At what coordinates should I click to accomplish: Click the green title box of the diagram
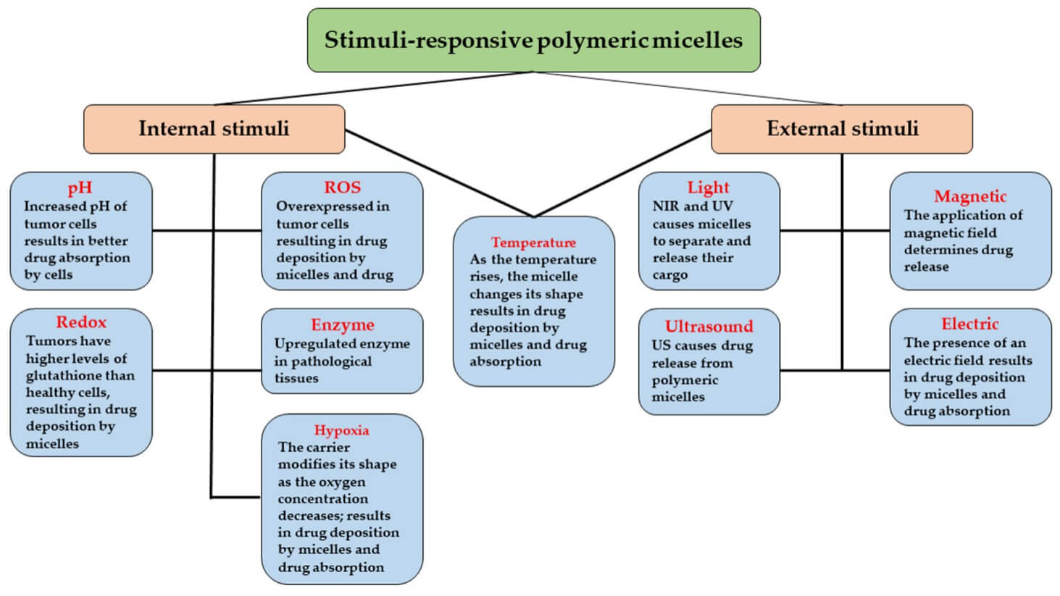tap(533, 40)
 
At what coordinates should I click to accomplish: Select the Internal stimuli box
tap(214, 129)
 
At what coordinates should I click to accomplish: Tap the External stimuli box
tap(842, 129)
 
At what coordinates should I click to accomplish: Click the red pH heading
tap(80, 189)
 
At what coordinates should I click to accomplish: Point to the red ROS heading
tap(342, 188)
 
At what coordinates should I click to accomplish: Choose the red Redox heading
tap(81, 322)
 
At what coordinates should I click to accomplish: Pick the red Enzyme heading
tap(342, 324)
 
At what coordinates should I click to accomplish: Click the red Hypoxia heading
tap(341, 430)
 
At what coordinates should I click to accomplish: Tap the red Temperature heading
tap(533, 243)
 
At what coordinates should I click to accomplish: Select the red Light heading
tap(708, 188)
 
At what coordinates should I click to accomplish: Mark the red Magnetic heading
tap(970, 196)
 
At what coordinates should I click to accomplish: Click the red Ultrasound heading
tap(709, 327)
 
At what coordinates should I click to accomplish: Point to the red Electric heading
tap(969, 324)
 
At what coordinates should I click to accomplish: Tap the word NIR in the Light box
tap(666, 206)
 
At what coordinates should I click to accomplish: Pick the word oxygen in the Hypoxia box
tap(345, 482)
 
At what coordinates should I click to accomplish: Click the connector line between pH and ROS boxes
tap(206, 231)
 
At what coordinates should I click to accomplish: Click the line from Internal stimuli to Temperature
tap(438, 173)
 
